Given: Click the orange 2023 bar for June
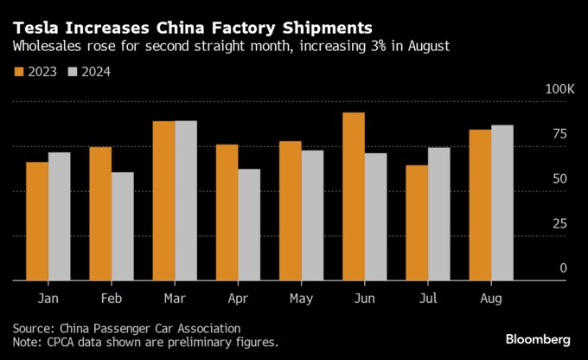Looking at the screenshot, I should point(353,196).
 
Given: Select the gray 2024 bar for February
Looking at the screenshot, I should point(122,226).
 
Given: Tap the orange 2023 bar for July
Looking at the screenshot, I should point(416,222).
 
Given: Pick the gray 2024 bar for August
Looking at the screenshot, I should point(502,202).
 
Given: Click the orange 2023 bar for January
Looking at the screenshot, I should point(37,221).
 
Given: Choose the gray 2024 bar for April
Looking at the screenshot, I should point(249,224).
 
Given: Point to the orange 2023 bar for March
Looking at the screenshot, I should point(163,201).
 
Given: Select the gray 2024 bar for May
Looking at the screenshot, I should point(312,215).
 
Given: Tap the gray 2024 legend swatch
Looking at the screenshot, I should point(73,73).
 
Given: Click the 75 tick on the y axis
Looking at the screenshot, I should point(560,134).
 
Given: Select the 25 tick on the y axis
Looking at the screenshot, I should point(560,223).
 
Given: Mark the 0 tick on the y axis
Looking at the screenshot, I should point(564,268).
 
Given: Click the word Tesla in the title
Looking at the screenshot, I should point(36,27).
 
